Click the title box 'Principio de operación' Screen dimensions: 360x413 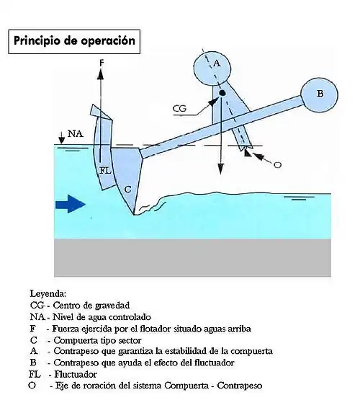click(74, 42)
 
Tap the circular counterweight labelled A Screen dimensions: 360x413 click(212, 68)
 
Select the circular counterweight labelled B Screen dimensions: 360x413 click(319, 95)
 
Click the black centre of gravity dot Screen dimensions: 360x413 click(222, 93)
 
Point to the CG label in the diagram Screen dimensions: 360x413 click(179, 108)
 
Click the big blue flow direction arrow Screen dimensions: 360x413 click(71, 204)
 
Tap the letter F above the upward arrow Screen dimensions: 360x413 click(102, 63)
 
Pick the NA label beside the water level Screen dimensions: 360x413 click(76, 134)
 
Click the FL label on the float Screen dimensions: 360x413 click(105, 171)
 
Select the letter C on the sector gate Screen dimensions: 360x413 click(127, 189)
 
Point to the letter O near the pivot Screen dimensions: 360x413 click(278, 165)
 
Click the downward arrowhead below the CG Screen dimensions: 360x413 click(220, 169)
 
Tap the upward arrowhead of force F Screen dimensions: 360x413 click(100, 74)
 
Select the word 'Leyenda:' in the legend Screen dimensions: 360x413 click(48, 293)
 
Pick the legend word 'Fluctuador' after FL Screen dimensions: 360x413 click(76, 374)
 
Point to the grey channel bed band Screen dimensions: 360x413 click(193, 257)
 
